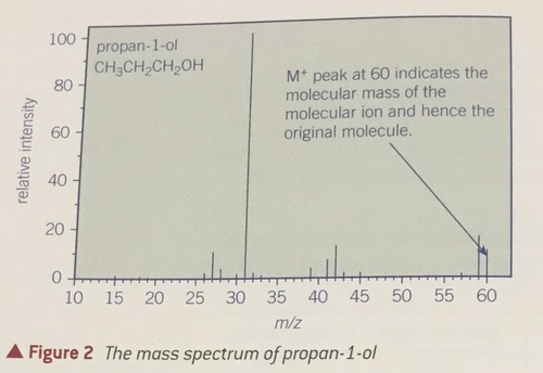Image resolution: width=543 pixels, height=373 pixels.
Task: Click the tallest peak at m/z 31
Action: click(248, 151)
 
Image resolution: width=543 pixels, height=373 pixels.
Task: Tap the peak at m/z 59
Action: click(479, 256)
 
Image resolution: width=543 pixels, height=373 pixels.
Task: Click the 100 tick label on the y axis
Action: click(62, 39)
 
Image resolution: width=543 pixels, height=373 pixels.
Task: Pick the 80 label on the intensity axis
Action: click(62, 86)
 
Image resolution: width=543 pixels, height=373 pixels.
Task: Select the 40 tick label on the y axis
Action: click(58, 181)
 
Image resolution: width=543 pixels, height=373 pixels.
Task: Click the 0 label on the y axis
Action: click(56, 278)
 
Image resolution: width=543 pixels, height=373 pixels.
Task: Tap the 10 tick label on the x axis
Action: click(74, 298)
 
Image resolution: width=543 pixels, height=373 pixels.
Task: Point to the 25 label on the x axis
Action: click(195, 298)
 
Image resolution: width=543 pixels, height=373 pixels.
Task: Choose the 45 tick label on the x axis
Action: click(359, 297)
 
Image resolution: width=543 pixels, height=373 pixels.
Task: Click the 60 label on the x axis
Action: click(486, 296)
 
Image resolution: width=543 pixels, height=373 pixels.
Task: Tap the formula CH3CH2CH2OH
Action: click(149, 67)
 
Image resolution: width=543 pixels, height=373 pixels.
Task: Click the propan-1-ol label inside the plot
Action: click(137, 47)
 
